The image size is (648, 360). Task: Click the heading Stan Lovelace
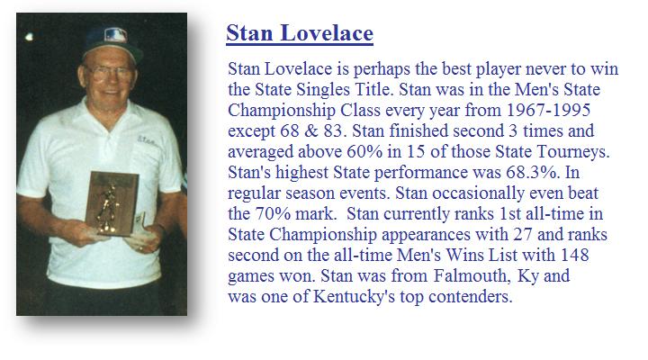coord(300,33)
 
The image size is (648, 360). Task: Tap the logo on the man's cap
coord(115,35)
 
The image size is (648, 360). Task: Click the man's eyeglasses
coord(111,72)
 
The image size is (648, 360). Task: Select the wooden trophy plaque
coord(112,202)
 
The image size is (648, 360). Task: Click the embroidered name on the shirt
coord(147,140)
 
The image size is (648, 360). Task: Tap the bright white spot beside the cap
coord(29,37)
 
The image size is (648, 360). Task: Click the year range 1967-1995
coord(548,110)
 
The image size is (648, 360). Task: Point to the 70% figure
coord(273,213)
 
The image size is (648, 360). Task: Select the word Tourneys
coord(573,152)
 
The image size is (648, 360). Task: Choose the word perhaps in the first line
coord(382,69)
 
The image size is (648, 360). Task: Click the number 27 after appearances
coord(523,234)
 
